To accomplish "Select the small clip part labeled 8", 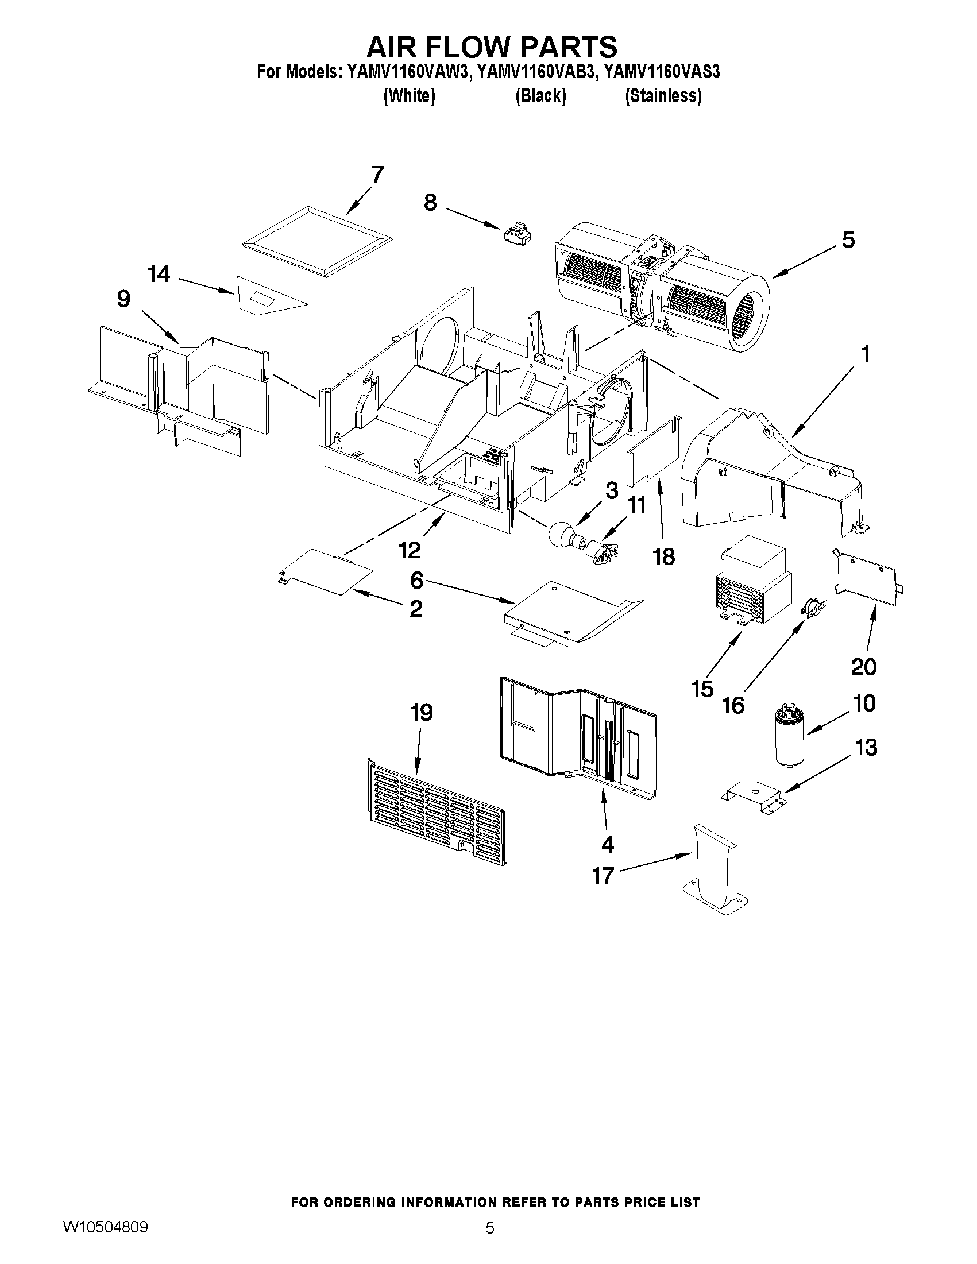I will click(x=517, y=234).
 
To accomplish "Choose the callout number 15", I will click(x=702, y=689).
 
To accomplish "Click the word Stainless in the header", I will click(x=663, y=95).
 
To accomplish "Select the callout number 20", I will click(x=863, y=667).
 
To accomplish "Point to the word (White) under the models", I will click(x=409, y=95).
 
